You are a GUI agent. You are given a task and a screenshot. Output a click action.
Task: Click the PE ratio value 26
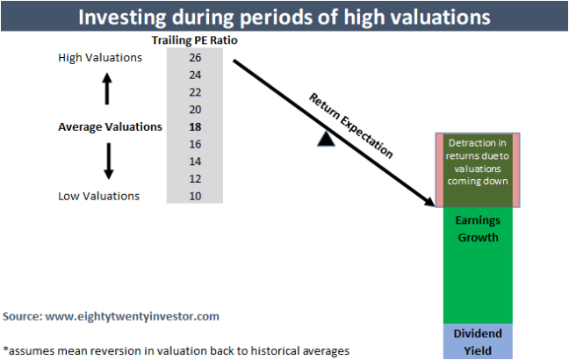[x=195, y=58]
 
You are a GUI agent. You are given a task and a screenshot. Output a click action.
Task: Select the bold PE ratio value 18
[x=195, y=126]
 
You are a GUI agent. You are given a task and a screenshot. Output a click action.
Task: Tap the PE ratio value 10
[x=195, y=195]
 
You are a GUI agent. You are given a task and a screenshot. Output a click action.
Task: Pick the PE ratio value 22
[x=195, y=92]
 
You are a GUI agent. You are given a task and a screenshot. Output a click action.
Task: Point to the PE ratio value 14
[x=195, y=161]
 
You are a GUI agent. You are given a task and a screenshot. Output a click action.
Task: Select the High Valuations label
[x=99, y=58]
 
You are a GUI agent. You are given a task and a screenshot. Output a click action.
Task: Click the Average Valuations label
[x=110, y=126]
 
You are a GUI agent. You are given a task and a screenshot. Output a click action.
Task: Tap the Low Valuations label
[x=98, y=195]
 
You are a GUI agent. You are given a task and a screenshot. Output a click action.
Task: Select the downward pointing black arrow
[x=108, y=162]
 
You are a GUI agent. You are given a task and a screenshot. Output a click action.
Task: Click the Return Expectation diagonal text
[x=349, y=124]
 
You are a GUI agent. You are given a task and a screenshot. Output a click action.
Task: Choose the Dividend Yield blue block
[x=478, y=341]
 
